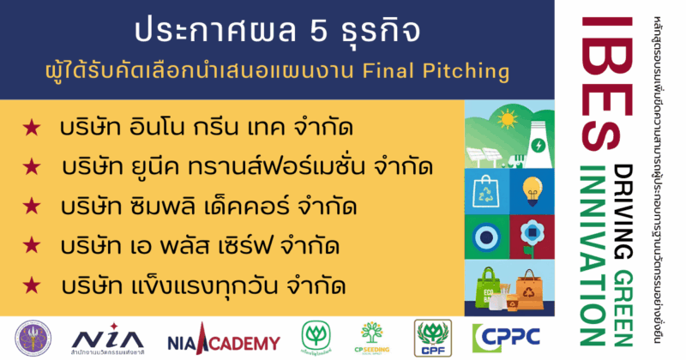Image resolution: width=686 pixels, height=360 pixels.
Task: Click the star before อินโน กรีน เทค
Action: click(x=33, y=128)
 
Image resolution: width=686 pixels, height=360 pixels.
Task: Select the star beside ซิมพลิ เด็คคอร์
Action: click(x=33, y=207)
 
